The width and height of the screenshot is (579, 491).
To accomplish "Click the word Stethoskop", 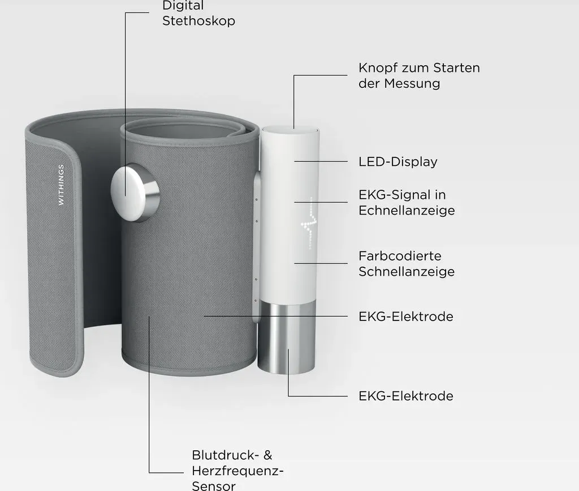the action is coord(198,21).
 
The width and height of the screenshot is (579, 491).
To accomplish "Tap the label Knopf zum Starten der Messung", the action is coord(419,75).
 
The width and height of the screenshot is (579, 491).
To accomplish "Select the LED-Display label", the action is coord(398,161).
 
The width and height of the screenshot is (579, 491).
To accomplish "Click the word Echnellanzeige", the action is coord(407,210).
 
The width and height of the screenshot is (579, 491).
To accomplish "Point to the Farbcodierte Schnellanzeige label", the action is coord(407,263).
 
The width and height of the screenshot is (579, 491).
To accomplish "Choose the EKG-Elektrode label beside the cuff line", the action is coord(406,317).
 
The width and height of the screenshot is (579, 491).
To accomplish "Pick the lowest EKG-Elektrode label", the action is coord(406,396).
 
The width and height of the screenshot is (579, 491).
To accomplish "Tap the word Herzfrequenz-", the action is coord(238,471).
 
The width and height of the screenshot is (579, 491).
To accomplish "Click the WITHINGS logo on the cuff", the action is coord(61,185).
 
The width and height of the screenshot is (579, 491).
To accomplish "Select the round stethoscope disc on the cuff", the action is coord(135,193).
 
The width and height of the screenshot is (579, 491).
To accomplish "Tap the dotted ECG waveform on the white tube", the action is coord(309,223).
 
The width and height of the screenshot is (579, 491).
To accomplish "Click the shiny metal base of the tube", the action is coord(287,338).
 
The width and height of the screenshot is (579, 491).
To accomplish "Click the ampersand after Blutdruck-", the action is coord(267,455).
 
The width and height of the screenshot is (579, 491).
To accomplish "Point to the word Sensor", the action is coord(214,485).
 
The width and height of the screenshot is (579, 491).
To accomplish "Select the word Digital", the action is coord(183,6).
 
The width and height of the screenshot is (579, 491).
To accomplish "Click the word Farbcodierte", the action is coord(400,256).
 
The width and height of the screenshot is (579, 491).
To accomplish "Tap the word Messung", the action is coord(412,84).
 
